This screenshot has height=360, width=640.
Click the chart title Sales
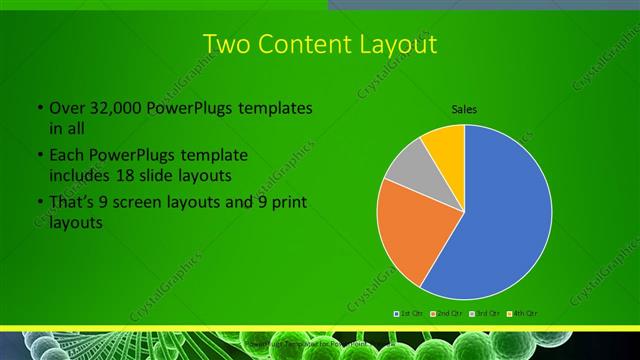tap(464, 108)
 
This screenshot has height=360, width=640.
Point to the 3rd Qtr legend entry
tap(484, 313)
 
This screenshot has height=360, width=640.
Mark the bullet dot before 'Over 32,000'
tap(39, 108)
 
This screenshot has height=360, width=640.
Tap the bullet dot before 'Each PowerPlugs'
tap(39, 156)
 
